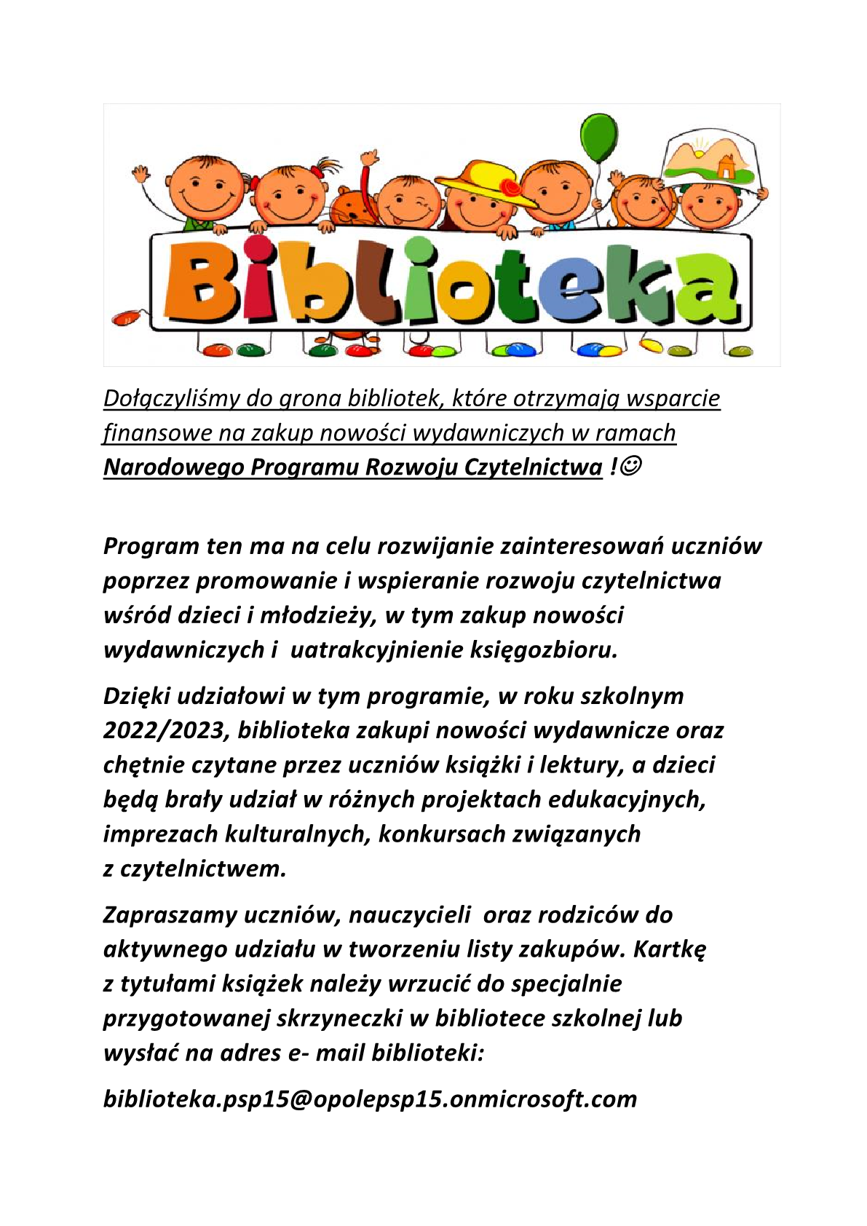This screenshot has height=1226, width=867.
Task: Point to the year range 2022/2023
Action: point(166,730)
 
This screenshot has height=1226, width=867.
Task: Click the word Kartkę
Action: point(669,949)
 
